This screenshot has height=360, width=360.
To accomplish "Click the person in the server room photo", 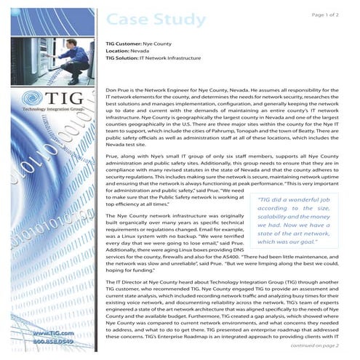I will pyautogui.click(x=28, y=40).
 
